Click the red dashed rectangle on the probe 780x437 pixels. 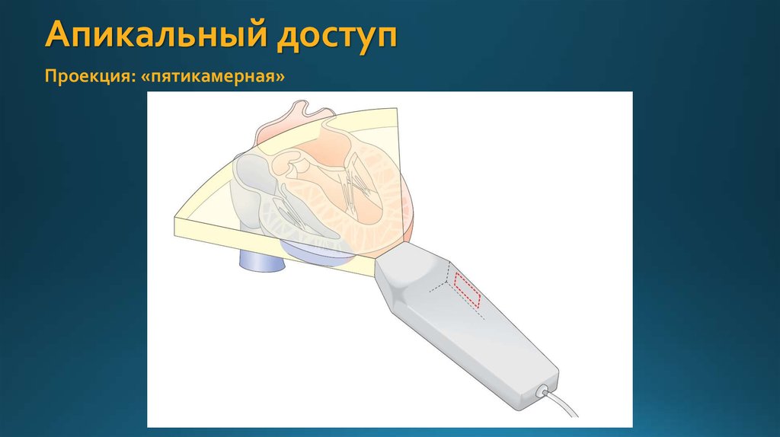pyautogui.click(x=467, y=288)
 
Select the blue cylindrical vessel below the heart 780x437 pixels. pyautogui.click(x=262, y=260)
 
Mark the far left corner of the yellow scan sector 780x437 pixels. pyautogui.click(x=174, y=223)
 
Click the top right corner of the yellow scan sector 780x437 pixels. pyautogui.click(x=397, y=108)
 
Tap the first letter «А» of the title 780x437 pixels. pyautogui.click(x=57, y=34)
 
